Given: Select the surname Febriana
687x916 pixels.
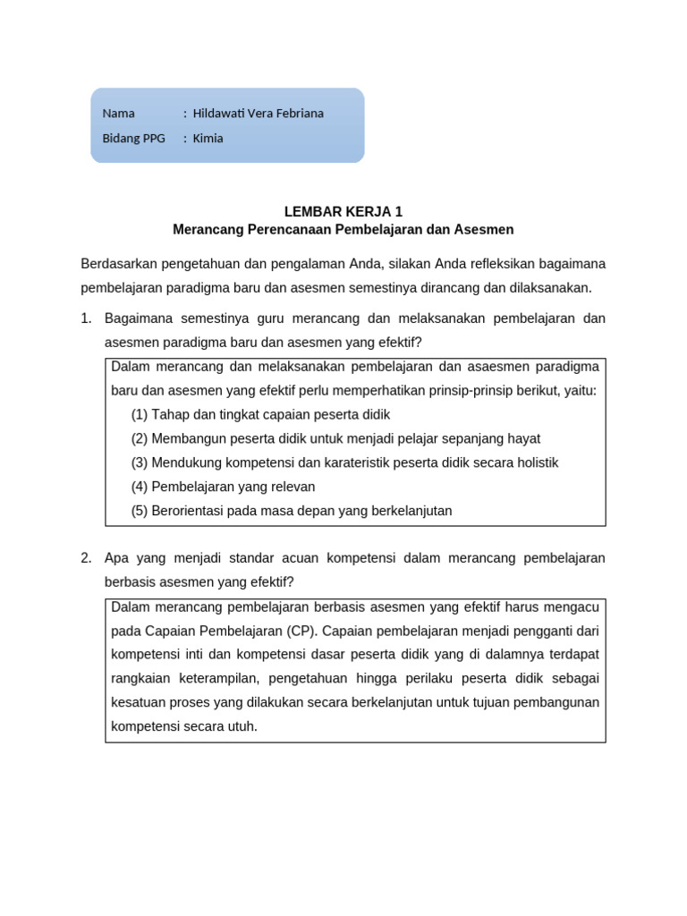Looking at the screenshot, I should (301, 114).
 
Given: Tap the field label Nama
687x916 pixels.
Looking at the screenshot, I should (118, 114).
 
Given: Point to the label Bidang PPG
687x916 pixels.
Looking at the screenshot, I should (134, 139).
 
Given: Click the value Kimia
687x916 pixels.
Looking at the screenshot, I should (208, 139).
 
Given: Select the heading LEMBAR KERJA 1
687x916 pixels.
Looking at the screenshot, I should (343, 212).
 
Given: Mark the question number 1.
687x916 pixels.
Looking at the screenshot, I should (86, 318).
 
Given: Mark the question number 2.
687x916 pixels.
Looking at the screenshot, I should (86, 558).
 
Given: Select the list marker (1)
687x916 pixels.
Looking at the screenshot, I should (140, 415).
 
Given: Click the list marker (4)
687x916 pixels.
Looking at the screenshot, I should (140, 488).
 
